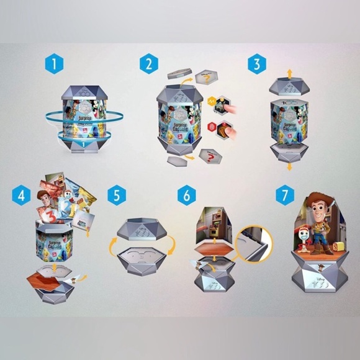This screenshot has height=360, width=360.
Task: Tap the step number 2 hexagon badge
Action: pyautogui.click(x=148, y=64)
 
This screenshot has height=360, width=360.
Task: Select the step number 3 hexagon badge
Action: pyautogui.click(x=256, y=64)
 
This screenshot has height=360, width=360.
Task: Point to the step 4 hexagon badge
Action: pyautogui.click(x=22, y=196)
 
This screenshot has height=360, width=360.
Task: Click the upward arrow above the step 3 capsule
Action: pyautogui.click(x=289, y=74)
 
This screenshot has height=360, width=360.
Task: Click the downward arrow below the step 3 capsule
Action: pyautogui.click(x=289, y=166)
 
